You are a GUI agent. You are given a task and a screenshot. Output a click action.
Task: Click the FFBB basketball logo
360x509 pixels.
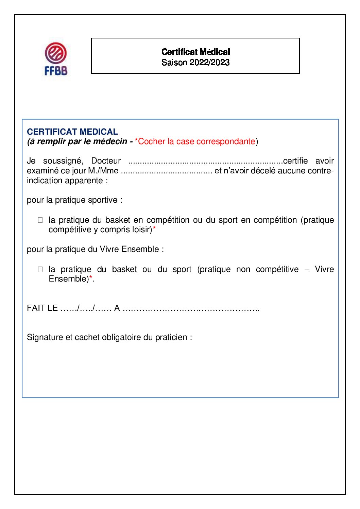56,58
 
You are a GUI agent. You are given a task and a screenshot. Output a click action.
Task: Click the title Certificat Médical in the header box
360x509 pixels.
195,52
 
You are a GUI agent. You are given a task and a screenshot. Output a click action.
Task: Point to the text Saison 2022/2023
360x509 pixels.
195,63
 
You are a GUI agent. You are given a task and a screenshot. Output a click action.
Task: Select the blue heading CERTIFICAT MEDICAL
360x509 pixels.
72,132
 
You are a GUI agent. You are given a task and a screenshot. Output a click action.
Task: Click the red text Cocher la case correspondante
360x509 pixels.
196,141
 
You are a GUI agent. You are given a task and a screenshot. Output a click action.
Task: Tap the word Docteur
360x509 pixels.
106,161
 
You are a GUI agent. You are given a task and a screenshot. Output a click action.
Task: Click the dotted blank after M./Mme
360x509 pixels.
166,171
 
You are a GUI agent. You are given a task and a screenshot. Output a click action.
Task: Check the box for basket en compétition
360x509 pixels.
40,220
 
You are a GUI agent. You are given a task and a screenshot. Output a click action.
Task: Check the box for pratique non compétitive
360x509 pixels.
40,269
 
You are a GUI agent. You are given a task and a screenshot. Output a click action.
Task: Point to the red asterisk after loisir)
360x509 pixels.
154,229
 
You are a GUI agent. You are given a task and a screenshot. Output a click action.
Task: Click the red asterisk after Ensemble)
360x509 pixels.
91,278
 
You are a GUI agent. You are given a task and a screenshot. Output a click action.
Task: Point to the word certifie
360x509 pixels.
295,161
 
